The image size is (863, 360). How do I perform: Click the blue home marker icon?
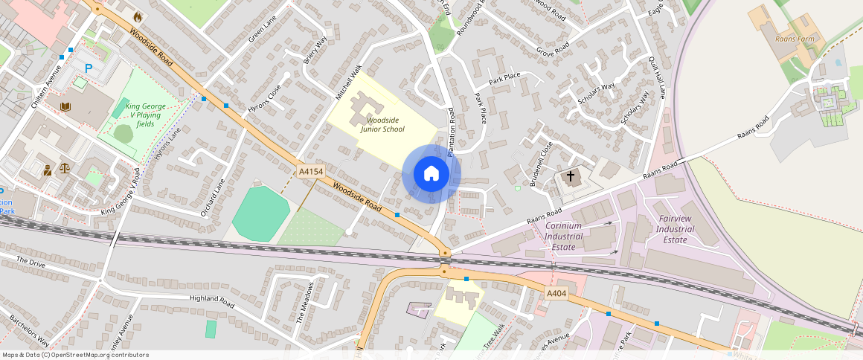click(x=431, y=174)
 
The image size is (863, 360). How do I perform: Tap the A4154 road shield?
click(x=311, y=172)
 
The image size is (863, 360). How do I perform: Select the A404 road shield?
click(x=557, y=294)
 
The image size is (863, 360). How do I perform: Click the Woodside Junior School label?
click(x=382, y=124)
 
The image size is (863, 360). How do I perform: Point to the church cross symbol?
click(x=571, y=177)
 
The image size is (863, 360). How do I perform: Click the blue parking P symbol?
click(x=89, y=68)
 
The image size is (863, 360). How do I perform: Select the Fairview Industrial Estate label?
click(x=676, y=230)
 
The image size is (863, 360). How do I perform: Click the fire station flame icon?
click(x=137, y=16)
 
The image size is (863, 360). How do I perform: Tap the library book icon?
click(x=65, y=106)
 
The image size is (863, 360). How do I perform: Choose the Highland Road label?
click(x=212, y=300)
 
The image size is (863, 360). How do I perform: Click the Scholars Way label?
click(x=597, y=94)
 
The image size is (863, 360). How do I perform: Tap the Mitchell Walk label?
click(x=348, y=83)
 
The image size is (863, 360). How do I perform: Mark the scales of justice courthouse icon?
click(x=64, y=169)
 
